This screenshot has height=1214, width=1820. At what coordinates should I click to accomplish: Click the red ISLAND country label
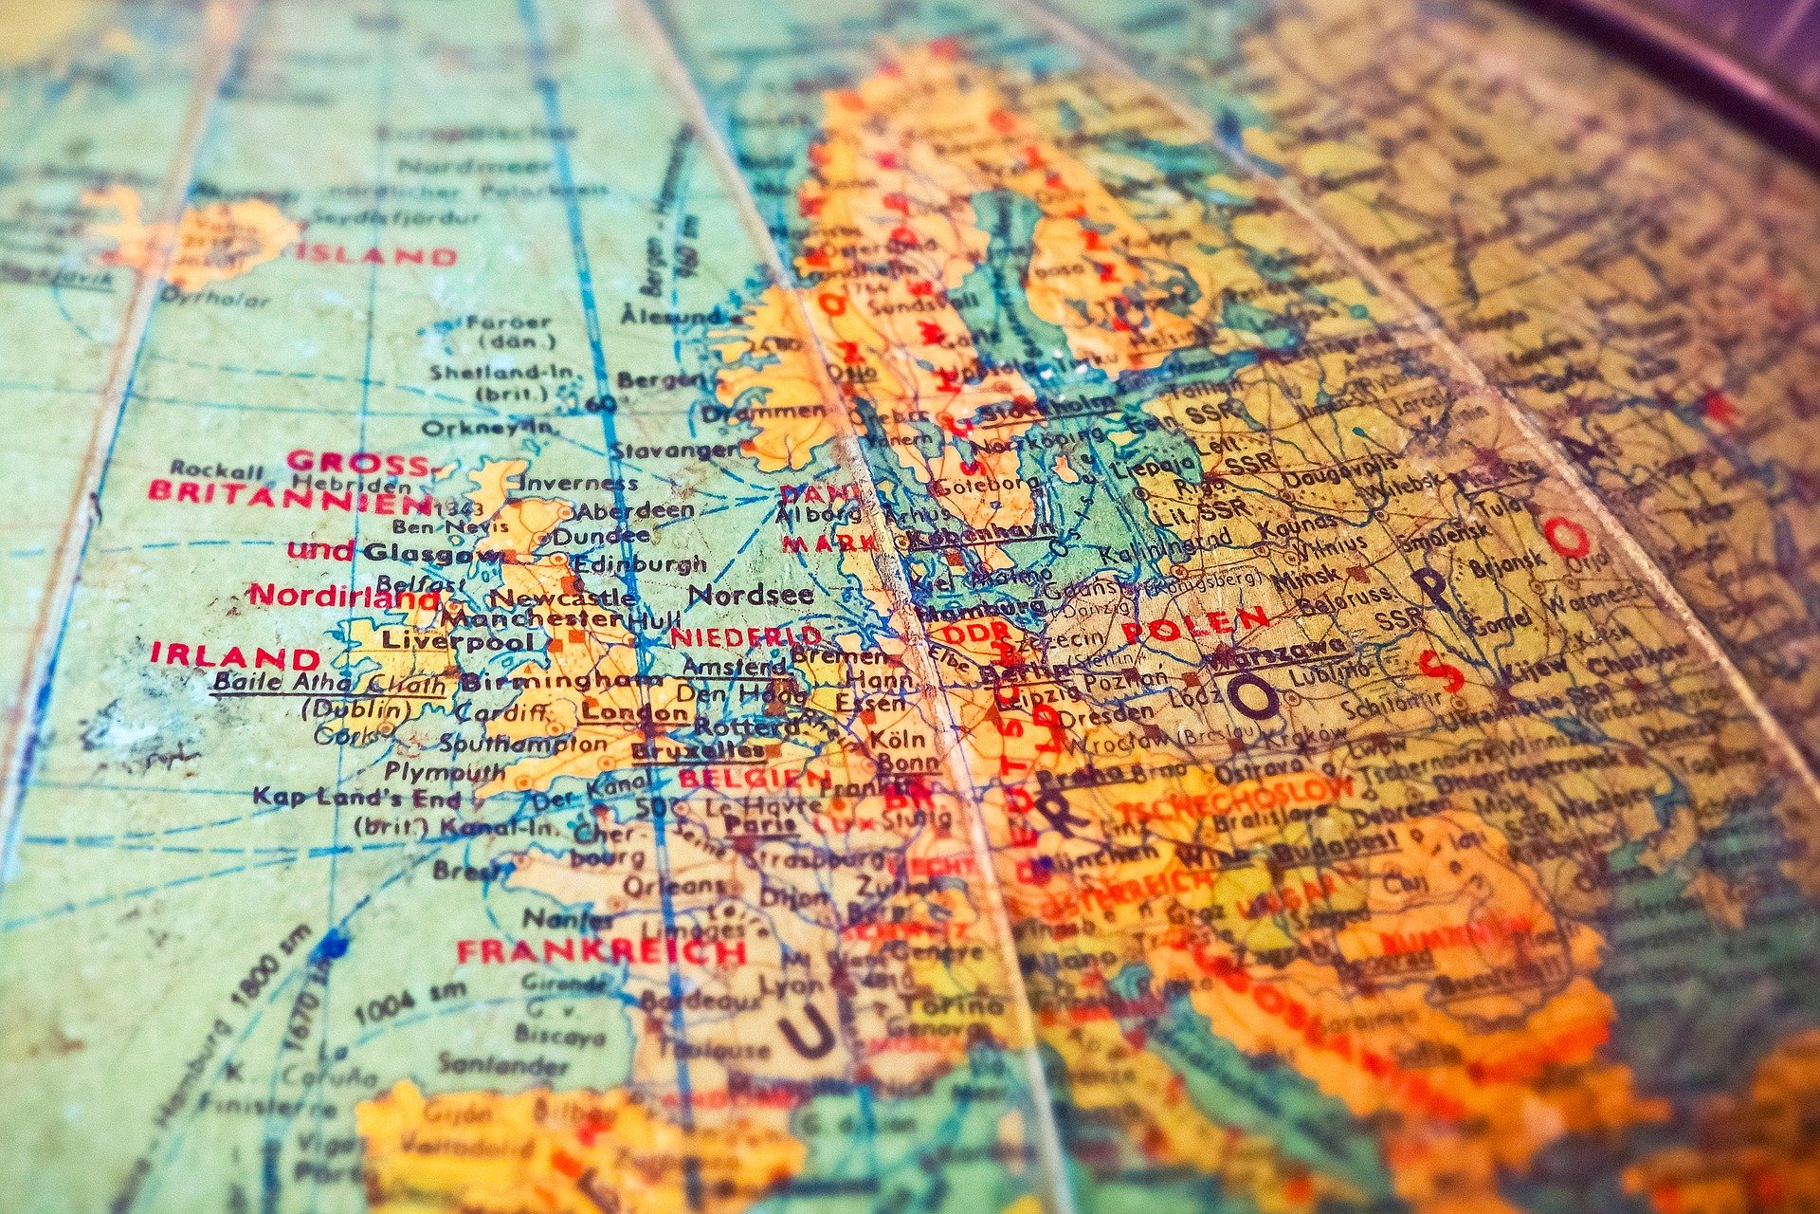coord(376,255)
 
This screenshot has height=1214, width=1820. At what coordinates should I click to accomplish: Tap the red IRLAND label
coord(235,656)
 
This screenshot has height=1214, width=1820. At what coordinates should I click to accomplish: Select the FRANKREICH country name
coord(601,951)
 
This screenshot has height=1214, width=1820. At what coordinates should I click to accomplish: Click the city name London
coord(635,711)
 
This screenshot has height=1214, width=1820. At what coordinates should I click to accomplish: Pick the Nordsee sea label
coord(750,595)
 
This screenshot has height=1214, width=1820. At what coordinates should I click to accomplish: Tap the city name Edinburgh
coord(640,563)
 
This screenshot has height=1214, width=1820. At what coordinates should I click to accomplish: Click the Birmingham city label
coord(561,681)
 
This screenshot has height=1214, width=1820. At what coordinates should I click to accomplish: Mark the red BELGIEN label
coord(754,779)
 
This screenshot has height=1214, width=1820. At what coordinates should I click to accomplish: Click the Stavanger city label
coord(673,450)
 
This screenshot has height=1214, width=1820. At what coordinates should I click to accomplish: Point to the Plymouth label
coord(445,771)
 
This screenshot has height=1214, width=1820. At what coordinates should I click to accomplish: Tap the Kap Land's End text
coord(355,797)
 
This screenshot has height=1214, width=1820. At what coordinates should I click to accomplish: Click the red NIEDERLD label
coord(746,635)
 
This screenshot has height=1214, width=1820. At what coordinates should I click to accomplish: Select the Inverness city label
coord(578,483)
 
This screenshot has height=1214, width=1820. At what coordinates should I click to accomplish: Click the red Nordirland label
coord(343,597)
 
